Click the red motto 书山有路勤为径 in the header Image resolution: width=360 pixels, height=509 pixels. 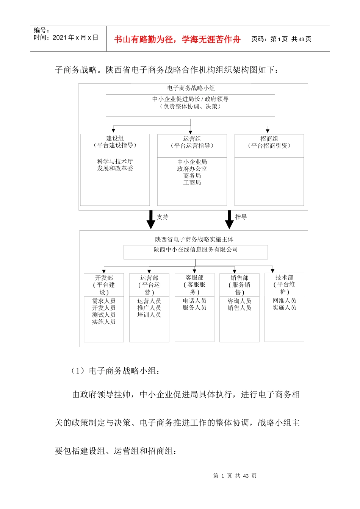[x=177, y=39]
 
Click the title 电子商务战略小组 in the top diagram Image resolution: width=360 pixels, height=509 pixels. [x=191, y=88]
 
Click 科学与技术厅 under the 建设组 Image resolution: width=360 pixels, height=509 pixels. [x=115, y=162]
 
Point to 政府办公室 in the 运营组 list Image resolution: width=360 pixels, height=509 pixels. [x=192, y=169]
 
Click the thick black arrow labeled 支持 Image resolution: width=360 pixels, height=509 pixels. [x=151, y=220]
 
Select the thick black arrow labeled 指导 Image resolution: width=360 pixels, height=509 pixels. [x=229, y=220]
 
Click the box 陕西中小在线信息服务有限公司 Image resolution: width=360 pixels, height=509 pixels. [x=196, y=250]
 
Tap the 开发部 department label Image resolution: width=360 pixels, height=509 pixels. [x=104, y=278]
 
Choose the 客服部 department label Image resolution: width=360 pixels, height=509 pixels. [x=194, y=278]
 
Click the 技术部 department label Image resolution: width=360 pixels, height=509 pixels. [x=284, y=278]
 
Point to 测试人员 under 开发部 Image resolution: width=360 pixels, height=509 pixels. [x=104, y=315]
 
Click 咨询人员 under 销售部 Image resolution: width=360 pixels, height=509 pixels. [x=239, y=301]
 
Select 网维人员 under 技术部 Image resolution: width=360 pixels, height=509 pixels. [x=284, y=301]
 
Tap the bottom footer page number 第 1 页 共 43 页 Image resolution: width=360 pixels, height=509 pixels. [x=235, y=476]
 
